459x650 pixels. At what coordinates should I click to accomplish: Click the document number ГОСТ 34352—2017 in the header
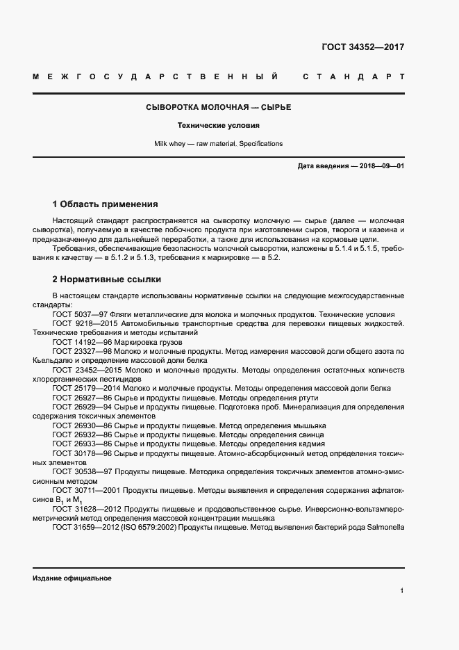362,48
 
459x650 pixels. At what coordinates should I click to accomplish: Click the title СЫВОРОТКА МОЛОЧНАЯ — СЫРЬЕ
218,108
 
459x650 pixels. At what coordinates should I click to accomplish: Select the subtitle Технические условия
218,126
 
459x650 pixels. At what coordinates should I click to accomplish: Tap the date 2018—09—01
380,166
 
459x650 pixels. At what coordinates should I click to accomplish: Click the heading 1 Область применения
106,204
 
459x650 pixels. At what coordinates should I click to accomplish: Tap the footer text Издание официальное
72,578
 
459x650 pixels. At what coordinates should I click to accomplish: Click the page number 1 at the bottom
402,590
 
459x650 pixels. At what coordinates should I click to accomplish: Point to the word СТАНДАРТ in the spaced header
353,76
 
